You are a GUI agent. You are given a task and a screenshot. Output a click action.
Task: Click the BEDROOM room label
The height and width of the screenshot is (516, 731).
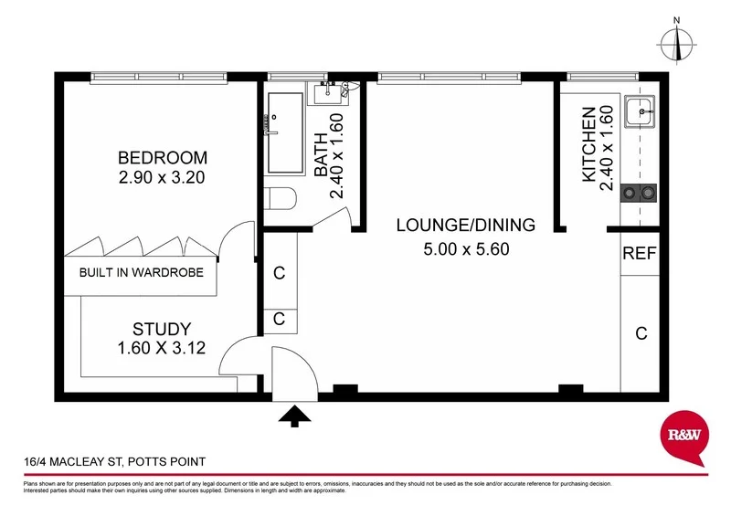pyautogui.click(x=162, y=157)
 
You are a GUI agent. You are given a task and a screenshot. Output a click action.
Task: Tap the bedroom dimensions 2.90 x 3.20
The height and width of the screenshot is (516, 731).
pyautogui.click(x=162, y=177)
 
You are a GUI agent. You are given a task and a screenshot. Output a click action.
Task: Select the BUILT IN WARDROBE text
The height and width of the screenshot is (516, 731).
pyautogui.click(x=141, y=272)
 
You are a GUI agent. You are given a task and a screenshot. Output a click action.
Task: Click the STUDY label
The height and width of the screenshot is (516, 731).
pyautogui.click(x=161, y=329)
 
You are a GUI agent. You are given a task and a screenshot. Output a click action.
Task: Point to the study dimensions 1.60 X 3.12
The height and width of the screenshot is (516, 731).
pyautogui.click(x=161, y=348)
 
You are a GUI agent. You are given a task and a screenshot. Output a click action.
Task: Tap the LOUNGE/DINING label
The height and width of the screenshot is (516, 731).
pyautogui.click(x=465, y=226)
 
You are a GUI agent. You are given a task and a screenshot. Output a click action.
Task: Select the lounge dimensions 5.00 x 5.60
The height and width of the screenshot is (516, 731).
pyautogui.click(x=465, y=248)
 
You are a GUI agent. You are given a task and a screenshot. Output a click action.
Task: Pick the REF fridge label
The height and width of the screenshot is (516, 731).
pyautogui.click(x=639, y=255)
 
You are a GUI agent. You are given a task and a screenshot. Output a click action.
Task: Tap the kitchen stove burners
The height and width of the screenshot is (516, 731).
pyautogui.click(x=639, y=193)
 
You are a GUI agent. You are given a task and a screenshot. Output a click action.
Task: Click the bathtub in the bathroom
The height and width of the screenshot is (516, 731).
pyautogui.click(x=288, y=132)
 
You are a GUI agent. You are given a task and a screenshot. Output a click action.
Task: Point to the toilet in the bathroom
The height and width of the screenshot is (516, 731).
pyautogui.click(x=281, y=200)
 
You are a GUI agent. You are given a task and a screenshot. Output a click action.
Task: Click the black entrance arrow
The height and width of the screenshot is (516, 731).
pyautogui.click(x=293, y=417)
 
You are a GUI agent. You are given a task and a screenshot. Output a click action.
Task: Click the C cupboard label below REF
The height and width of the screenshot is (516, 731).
pyautogui.click(x=641, y=333)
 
